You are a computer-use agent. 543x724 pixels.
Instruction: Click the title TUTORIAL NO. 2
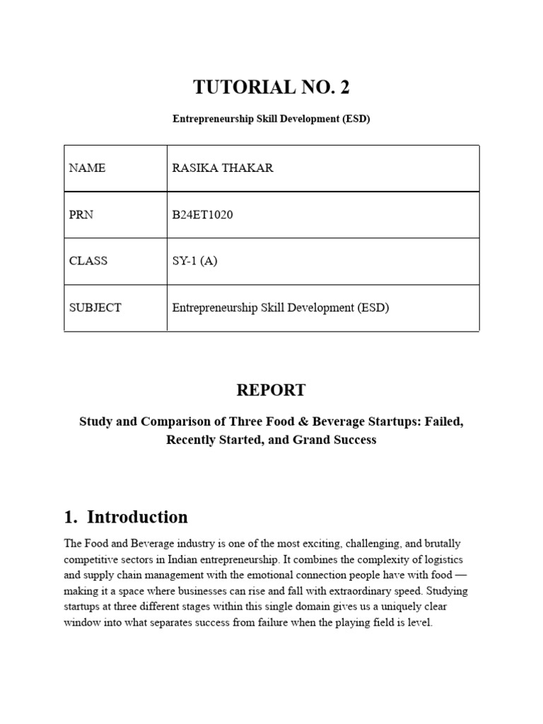coord(271,88)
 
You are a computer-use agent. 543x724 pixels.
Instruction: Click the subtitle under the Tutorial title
coord(271,119)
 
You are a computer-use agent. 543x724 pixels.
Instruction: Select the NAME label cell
coord(87,168)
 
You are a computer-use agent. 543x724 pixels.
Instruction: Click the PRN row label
coord(81,215)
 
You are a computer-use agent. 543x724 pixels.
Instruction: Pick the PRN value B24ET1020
coord(202,215)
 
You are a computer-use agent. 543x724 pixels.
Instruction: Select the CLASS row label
coord(88,261)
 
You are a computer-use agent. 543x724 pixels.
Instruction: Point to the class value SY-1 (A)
coord(194,261)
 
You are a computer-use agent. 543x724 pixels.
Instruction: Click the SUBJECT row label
coord(95,308)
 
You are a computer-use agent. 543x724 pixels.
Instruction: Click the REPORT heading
coord(271,390)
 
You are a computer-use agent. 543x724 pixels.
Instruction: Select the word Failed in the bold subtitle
coord(444,421)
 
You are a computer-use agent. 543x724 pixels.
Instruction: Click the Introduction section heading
coord(137,518)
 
